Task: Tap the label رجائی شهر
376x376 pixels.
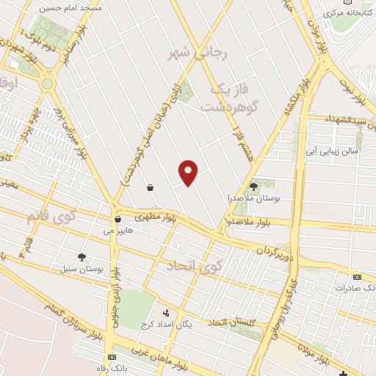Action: tap(199, 53)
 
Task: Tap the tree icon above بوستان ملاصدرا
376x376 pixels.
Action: tap(254, 187)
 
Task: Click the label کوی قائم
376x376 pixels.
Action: tap(51, 217)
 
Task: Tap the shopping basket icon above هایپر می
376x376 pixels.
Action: tap(117, 219)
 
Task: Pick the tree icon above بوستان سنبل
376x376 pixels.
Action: tap(81, 256)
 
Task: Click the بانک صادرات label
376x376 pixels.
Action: tap(355, 288)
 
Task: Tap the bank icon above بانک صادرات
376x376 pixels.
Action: tap(357, 277)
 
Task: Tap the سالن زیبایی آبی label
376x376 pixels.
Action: tap(333, 151)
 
